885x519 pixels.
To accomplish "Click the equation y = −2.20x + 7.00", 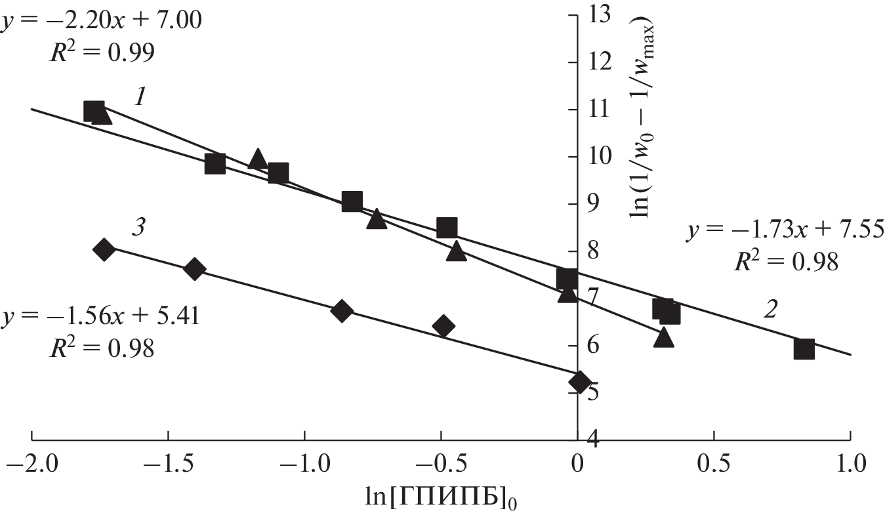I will [101, 22].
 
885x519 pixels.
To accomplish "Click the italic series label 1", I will [139, 98].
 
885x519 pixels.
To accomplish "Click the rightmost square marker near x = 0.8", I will [804, 349].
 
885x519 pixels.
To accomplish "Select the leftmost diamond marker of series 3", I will [104, 249].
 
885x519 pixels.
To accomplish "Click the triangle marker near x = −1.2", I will [257, 159].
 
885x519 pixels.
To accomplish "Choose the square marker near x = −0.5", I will [447, 228].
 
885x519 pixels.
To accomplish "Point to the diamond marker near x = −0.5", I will [444, 325].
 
